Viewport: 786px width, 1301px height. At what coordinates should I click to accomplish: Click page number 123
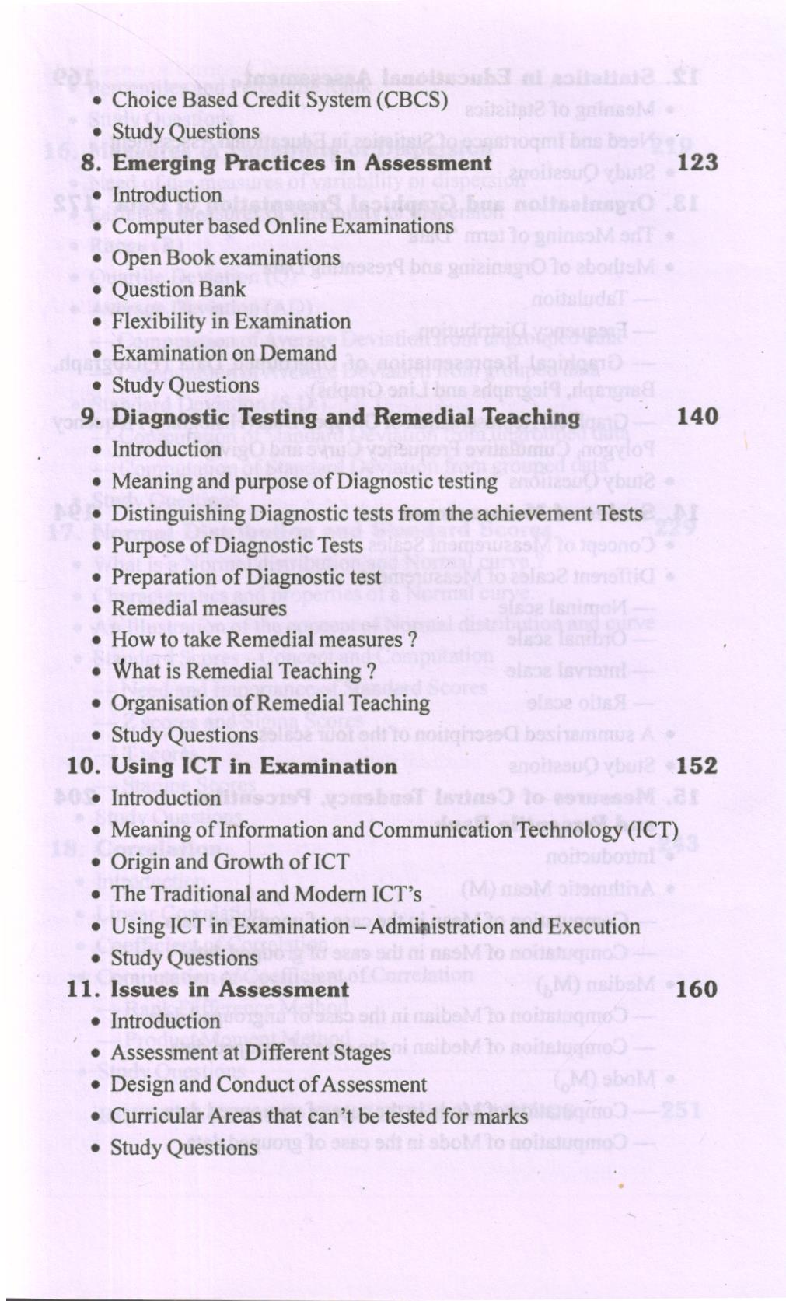pyautogui.click(x=697, y=163)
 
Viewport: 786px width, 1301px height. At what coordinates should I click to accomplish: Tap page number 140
pyautogui.click(x=697, y=417)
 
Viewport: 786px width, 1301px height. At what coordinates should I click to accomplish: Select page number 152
pyautogui.click(x=697, y=766)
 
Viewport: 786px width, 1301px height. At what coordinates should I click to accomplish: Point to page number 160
pyautogui.click(x=697, y=989)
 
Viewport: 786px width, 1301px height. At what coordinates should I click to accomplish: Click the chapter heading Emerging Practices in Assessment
pyautogui.click(x=302, y=163)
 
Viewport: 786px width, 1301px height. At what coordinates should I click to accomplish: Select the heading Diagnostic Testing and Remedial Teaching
pyautogui.click(x=346, y=417)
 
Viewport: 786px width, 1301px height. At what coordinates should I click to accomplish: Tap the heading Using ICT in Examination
pyautogui.click(x=254, y=766)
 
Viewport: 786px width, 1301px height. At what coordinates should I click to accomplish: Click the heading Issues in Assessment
pyautogui.click(x=230, y=989)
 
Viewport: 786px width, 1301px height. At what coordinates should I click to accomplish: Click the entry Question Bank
pyautogui.click(x=179, y=289)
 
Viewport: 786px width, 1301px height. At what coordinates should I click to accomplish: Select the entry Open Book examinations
pyautogui.click(x=226, y=257)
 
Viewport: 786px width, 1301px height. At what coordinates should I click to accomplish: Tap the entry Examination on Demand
pyautogui.click(x=224, y=353)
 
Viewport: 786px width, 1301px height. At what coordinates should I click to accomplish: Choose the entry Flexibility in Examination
pyautogui.click(x=231, y=321)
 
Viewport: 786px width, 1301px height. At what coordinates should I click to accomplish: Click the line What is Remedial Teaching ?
pyautogui.click(x=244, y=670)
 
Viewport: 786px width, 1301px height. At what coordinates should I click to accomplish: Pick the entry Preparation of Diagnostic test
pyautogui.click(x=246, y=576)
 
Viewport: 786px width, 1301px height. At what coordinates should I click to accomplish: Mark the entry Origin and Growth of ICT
pyautogui.click(x=230, y=862)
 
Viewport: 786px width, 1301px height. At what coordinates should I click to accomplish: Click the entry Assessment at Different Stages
pyautogui.click(x=251, y=1052)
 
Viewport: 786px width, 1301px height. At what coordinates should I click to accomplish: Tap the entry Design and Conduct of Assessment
pyautogui.click(x=269, y=1084)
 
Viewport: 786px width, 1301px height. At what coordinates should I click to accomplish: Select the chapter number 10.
pyautogui.click(x=83, y=766)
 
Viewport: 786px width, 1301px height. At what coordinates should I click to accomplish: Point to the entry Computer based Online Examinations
pyautogui.click(x=282, y=226)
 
